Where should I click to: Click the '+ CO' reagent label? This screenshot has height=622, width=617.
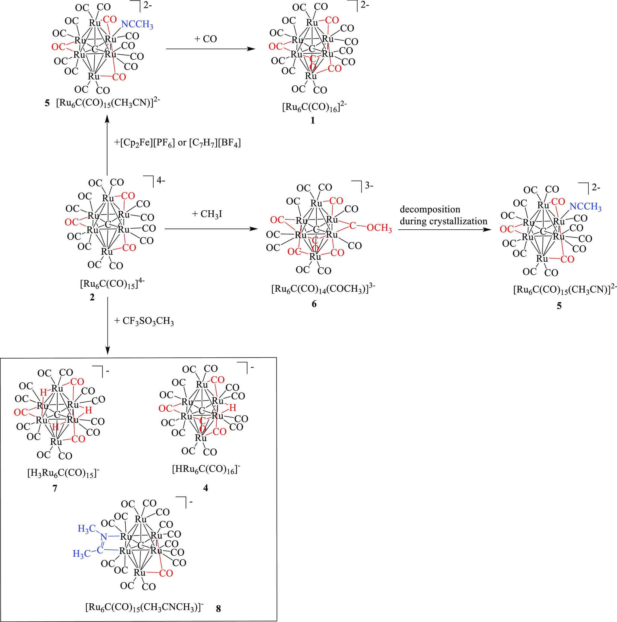[206, 39]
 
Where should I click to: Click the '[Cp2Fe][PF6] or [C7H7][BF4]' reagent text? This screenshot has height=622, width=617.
[177, 143]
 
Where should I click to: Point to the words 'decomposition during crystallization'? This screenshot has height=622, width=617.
[443, 215]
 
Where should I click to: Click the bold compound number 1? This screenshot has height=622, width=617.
[312, 121]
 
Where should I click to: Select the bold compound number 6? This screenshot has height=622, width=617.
[314, 303]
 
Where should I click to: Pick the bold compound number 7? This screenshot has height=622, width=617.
[55, 488]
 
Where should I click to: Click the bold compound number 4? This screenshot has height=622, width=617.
[206, 488]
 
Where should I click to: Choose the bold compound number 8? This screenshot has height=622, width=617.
[218, 608]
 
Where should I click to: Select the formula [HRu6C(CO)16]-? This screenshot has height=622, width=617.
[206, 470]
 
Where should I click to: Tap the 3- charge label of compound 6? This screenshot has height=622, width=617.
[369, 186]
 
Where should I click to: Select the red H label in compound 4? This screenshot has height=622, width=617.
[233, 407]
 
